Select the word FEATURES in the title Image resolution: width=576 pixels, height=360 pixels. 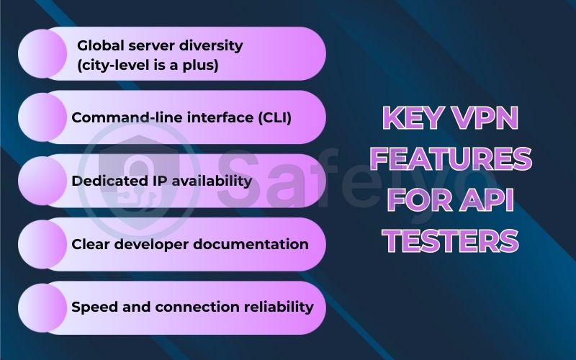(451, 158)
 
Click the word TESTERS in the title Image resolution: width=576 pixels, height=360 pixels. (451, 240)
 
